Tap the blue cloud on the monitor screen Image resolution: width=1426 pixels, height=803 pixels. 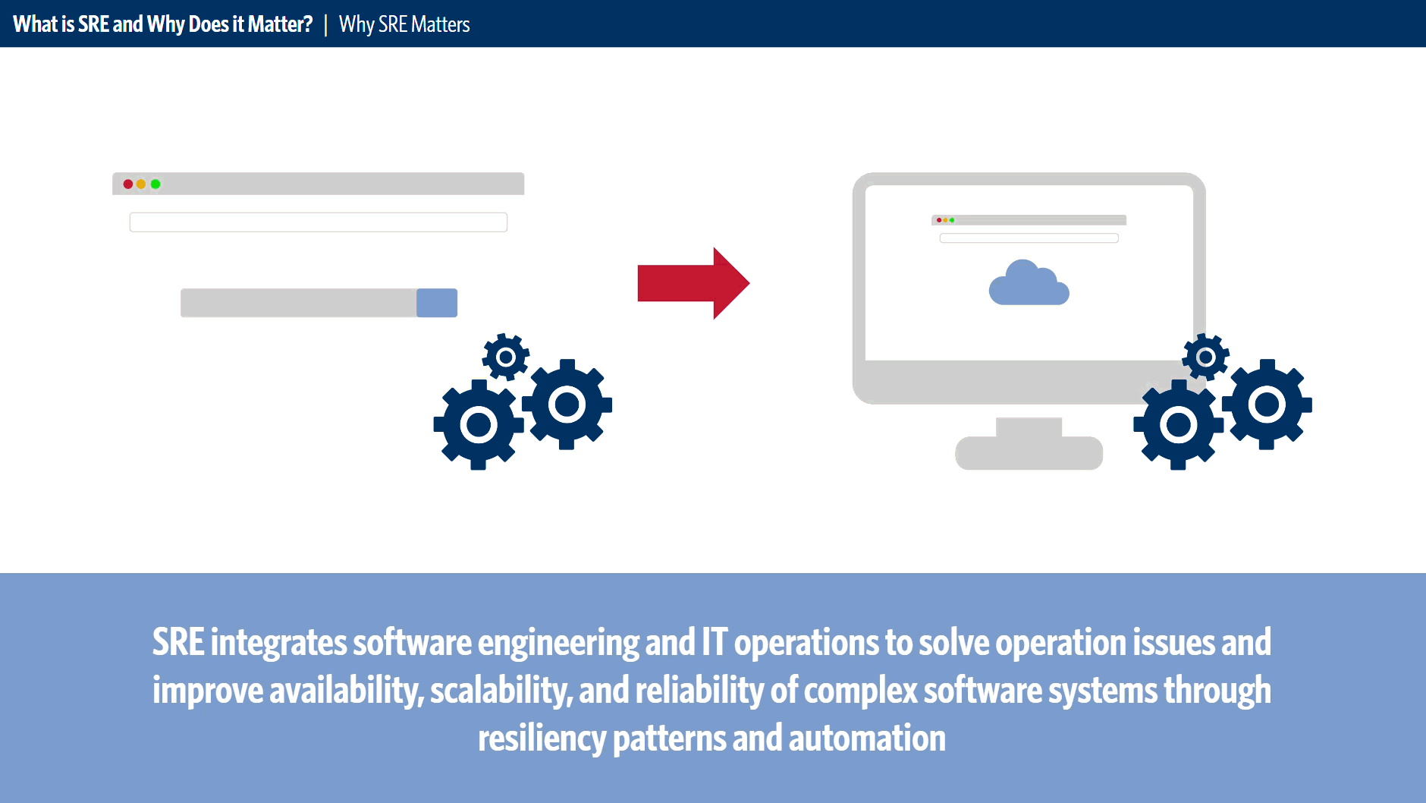(x=1029, y=283)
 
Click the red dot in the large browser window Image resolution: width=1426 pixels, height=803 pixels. (x=128, y=184)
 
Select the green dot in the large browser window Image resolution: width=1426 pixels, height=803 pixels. (x=155, y=184)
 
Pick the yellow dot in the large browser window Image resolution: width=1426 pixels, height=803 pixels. (x=141, y=184)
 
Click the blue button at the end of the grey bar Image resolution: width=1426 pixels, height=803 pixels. (x=437, y=303)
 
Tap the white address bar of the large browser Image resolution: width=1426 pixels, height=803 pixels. (x=319, y=222)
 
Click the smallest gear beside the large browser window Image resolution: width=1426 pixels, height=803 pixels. (x=506, y=357)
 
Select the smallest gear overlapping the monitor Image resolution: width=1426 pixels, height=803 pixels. (x=1205, y=357)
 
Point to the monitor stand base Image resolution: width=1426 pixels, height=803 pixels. (x=1029, y=453)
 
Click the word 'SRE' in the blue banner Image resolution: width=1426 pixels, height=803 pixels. (x=178, y=642)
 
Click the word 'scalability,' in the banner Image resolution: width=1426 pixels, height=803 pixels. (x=501, y=691)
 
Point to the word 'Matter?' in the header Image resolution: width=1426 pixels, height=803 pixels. (x=280, y=24)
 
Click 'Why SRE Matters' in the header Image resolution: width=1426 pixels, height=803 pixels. (x=404, y=24)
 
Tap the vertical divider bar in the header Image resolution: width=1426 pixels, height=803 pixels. (x=325, y=24)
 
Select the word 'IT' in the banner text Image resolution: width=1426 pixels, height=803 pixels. (x=715, y=642)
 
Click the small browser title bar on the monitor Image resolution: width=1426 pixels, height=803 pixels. (x=1029, y=220)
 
